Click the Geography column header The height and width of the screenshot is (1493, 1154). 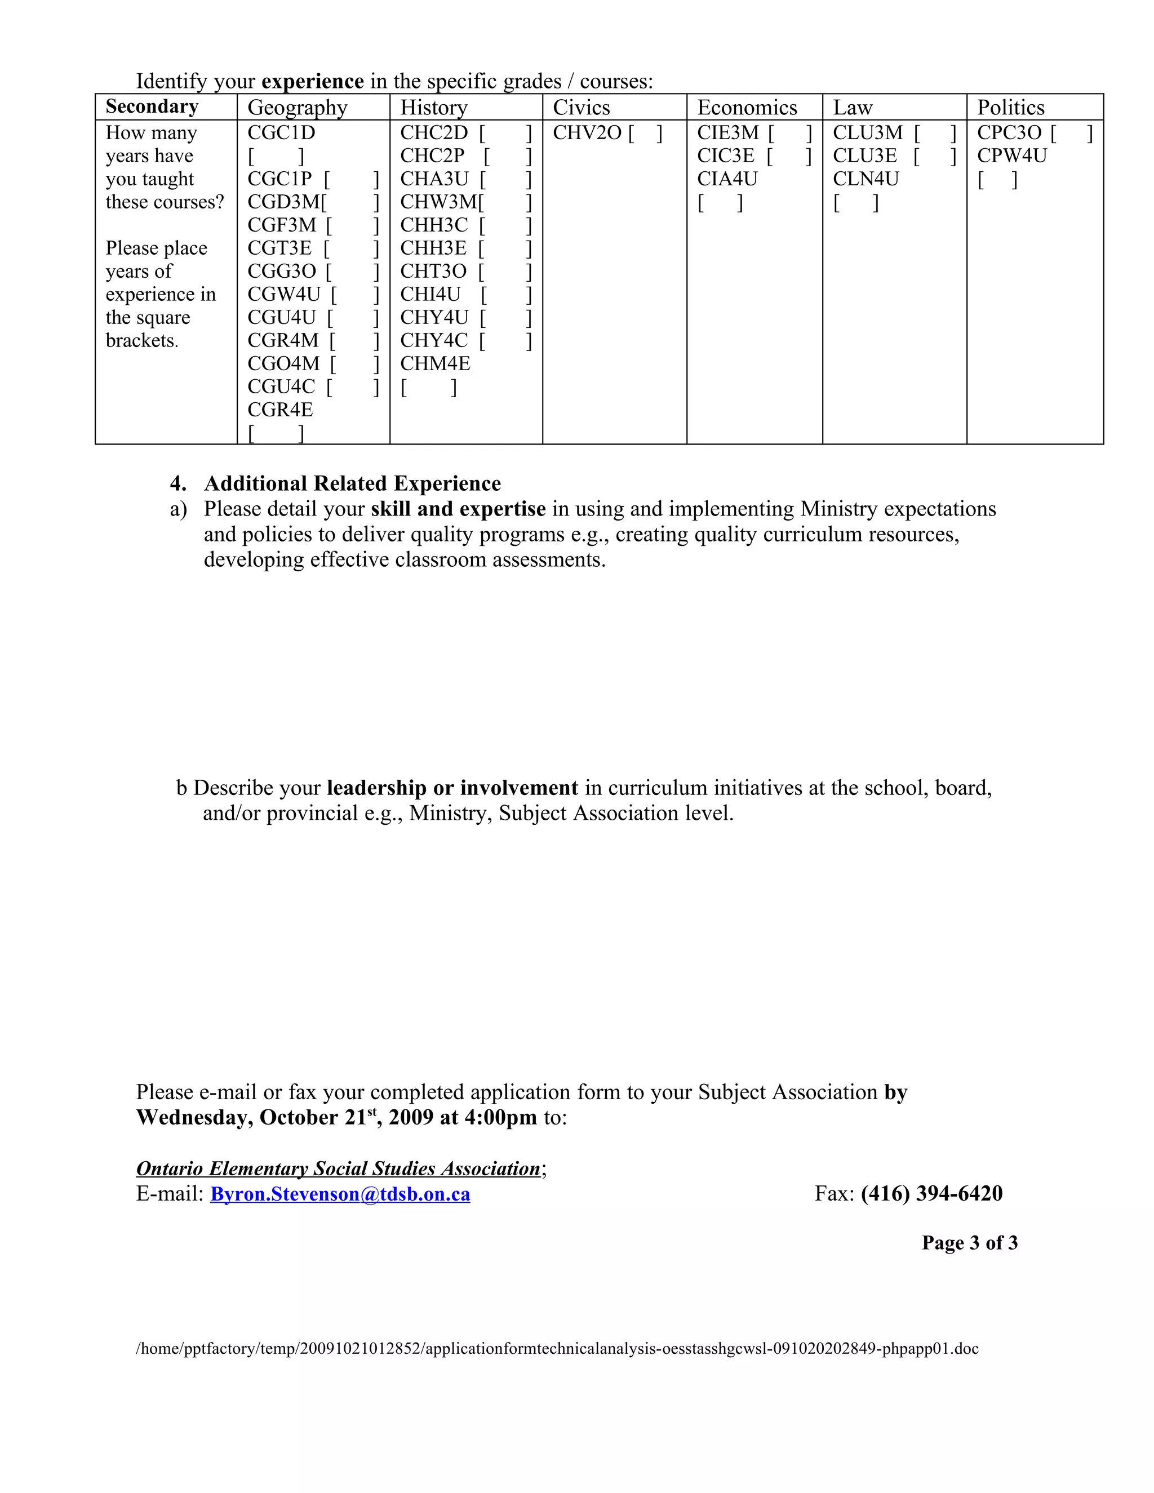(x=298, y=107)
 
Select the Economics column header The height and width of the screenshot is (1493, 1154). (x=747, y=107)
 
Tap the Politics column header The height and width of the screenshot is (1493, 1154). (x=1010, y=107)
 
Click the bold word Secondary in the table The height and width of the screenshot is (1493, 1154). (x=152, y=106)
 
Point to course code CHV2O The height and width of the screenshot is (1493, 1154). (x=587, y=132)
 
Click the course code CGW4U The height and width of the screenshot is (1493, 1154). (x=284, y=295)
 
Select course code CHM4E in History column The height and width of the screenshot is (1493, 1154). (x=435, y=364)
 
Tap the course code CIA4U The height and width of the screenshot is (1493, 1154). (x=727, y=179)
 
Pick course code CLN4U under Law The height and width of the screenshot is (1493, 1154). (x=865, y=179)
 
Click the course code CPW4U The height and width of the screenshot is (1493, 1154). (x=1012, y=156)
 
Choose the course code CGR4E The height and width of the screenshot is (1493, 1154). (x=280, y=410)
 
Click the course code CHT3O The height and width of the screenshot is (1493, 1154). (x=433, y=272)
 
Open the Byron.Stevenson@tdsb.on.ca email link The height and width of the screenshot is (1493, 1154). (x=340, y=1194)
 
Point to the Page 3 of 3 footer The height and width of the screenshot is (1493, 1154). (x=969, y=1243)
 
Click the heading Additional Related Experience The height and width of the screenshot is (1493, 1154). (x=352, y=484)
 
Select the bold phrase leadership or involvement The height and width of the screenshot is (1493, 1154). (x=452, y=788)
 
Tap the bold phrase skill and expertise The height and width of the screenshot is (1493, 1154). (x=458, y=509)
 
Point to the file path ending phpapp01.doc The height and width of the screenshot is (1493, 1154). (x=557, y=1349)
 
